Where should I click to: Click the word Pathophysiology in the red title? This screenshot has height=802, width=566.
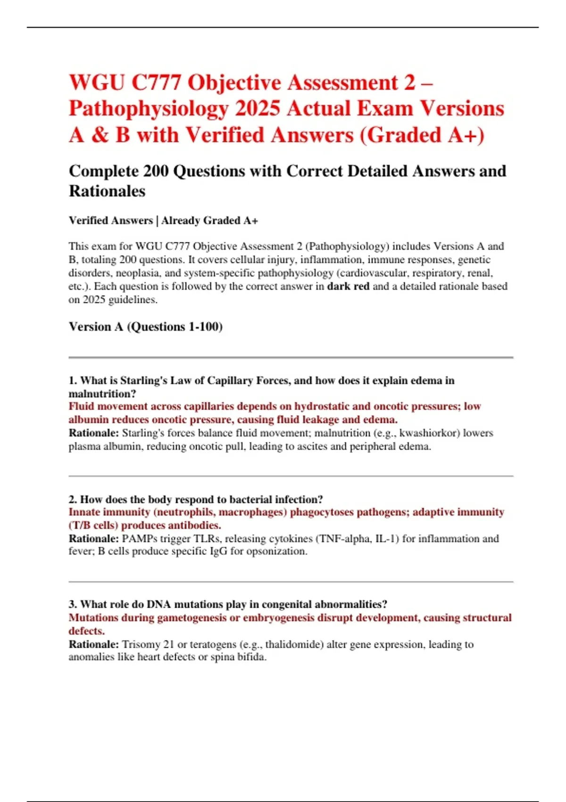(x=148, y=109)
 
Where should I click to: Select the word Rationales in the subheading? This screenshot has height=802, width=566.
(x=107, y=191)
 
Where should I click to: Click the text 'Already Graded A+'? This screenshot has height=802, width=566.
(x=209, y=220)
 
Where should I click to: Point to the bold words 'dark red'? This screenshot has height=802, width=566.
(x=348, y=286)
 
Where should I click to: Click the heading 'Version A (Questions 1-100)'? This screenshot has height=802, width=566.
(x=145, y=326)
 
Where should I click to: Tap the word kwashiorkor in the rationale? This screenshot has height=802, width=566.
(x=429, y=433)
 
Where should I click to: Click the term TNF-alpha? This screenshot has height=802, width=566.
(x=342, y=539)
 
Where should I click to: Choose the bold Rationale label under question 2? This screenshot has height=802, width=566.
(x=94, y=539)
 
